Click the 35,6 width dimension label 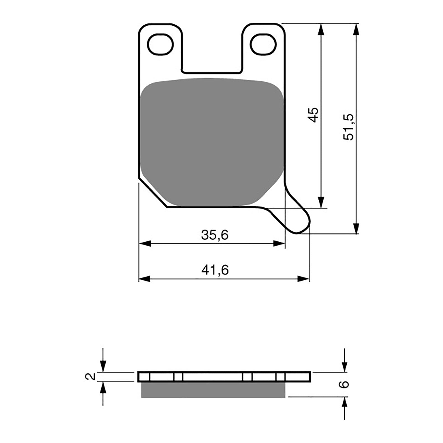click(x=215, y=235)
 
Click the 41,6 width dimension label click(x=215, y=270)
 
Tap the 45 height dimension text click(x=314, y=115)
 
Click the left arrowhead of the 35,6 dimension click(x=144, y=244)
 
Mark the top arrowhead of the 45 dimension click(x=321, y=29)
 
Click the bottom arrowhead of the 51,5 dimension click(x=356, y=228)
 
